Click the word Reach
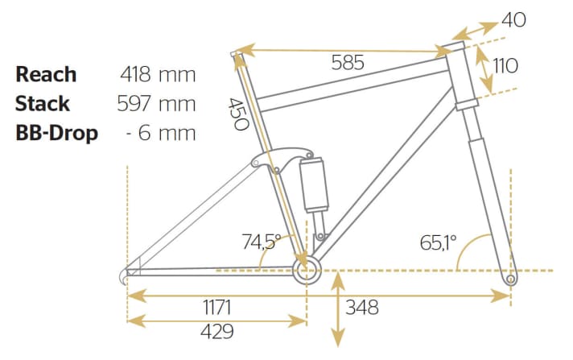click(46, 74)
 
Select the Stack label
click(43, 104)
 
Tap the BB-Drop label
click(56, 133)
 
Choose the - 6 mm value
click(162, 133)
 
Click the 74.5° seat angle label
click(262, 241)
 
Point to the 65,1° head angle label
click(438, 241)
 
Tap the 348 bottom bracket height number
click(362, 307)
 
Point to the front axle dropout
click(510, 279)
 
